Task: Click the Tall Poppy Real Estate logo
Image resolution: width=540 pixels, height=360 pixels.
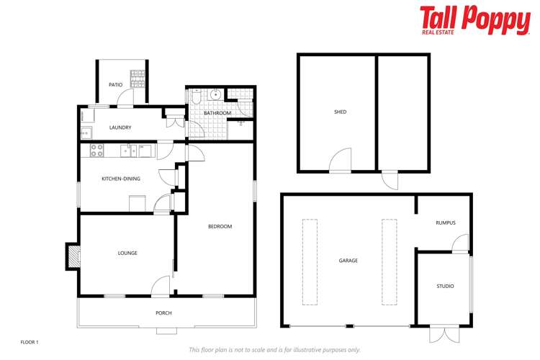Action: pos(474,20)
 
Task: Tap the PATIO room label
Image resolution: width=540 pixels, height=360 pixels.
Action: pos(115,85)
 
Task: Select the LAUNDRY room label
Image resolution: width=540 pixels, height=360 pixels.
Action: pos(120,128)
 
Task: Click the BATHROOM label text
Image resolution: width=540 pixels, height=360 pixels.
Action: pos(217,113)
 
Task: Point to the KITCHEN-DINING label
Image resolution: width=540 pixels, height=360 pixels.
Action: pos(120,179)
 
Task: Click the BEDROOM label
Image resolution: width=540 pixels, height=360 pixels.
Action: pos(220,227)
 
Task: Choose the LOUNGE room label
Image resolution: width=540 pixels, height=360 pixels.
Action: pos(127,253)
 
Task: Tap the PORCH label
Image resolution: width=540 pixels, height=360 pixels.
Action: pos(164,313)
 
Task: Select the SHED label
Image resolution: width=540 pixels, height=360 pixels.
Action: pos(340,112)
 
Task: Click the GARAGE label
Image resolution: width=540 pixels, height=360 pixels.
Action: pos(348,261)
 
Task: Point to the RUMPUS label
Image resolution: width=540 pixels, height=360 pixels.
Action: pos(445,222)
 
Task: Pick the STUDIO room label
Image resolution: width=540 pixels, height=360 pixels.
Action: pos(445,287)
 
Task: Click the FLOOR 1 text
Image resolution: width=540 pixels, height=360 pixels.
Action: pos(29,342)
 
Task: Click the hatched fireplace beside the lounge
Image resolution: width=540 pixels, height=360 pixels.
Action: pos(73,256)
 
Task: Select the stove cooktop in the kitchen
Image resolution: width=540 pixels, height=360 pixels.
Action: pos(96,150)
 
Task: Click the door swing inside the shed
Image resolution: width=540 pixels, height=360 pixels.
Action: pos(341,161)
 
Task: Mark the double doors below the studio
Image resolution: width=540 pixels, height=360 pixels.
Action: pos(443,333)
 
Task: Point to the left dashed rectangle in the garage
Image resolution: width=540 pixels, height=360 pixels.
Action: pos(310,261)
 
